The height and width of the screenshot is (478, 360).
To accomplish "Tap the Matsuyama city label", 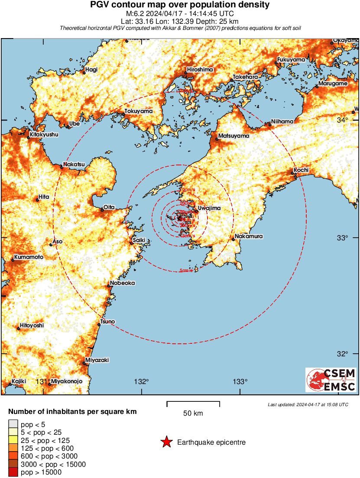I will pos(234,136).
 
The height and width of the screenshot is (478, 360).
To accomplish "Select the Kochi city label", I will pos(301,170).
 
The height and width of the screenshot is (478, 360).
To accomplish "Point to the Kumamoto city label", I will pos(29,257).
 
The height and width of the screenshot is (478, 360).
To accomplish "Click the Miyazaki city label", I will pos(97,360).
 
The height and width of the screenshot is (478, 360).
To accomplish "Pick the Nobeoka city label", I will pos(123,283).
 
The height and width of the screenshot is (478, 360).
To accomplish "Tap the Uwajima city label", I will pos(209,208).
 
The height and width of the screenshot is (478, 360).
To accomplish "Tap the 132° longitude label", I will pos(141,381).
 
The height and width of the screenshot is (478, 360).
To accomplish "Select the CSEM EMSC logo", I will pos(331,380).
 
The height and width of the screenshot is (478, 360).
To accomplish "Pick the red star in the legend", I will pos(166,442).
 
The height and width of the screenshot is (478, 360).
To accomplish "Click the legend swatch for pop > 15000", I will pos(13,472).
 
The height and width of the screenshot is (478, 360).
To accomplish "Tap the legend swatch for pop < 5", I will pos(13,424).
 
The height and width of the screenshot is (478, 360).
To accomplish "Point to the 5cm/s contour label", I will pos(186,271).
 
